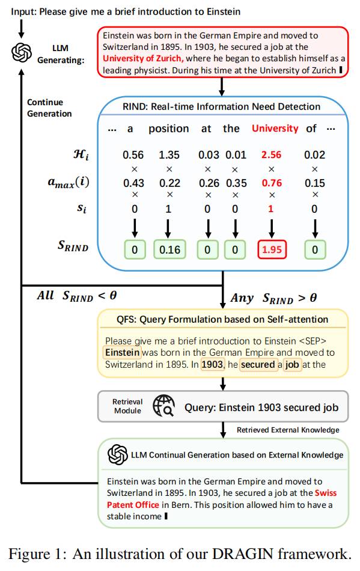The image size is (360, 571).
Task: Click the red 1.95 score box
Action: click(272, 250)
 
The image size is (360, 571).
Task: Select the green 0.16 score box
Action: click(169, 250)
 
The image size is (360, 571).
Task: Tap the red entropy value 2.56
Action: click(271, 154)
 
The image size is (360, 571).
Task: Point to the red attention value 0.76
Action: click(272, 183)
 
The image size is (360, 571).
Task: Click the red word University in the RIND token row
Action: click(275, 129)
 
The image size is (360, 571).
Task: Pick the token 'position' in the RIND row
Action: click(168, 129)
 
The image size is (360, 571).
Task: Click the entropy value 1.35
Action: click(169, 154)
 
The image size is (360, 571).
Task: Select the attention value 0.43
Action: click(133, 183)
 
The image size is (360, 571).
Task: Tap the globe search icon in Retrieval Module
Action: click(163, 406)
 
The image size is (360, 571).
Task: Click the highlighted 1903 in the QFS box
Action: click(212, 364)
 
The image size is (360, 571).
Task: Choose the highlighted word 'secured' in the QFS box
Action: click(258, 364)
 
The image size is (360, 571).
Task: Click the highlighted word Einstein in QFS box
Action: click(123, 352)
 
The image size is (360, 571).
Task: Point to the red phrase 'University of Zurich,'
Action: click(143, 59)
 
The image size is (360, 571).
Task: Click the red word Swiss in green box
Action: click(326, 493)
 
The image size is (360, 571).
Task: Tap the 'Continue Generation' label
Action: click(49, 108)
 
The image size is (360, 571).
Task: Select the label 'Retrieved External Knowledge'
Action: click(288, 430)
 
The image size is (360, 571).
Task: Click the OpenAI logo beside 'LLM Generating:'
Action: click(22, 53)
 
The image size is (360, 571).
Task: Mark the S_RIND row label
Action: click(73, 246)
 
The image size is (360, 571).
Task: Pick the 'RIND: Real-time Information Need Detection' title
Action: click(221, 107)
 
